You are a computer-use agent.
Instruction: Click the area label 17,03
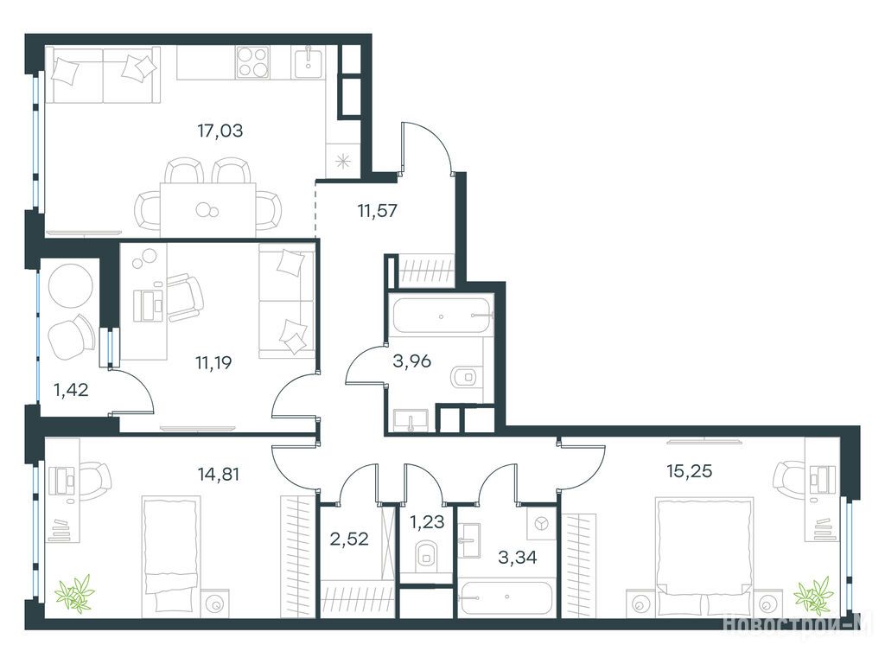click(220, 131)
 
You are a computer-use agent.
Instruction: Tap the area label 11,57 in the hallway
click(377, 211)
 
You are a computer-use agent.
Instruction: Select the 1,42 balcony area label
click(71, 390)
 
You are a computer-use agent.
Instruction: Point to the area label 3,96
click(412, 361)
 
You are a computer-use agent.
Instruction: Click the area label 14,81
click(219, 474)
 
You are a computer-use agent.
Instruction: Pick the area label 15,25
click(689, 470)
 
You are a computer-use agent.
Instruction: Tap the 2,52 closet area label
click(349, 539)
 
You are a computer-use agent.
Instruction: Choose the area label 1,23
click(427, 521)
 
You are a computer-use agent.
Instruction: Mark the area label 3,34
click(518, 558)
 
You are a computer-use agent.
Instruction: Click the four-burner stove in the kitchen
click(253, 62)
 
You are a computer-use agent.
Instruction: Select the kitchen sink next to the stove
click(308, 62)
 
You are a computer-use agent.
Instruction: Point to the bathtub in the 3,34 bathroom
click(506, 598)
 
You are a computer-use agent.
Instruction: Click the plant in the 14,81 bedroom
click(74, 591)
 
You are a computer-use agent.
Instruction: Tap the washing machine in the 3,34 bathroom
click(541, 523)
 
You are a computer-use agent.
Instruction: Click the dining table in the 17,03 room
click(207, 209)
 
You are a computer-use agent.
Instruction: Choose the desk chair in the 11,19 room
click(185, 297)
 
